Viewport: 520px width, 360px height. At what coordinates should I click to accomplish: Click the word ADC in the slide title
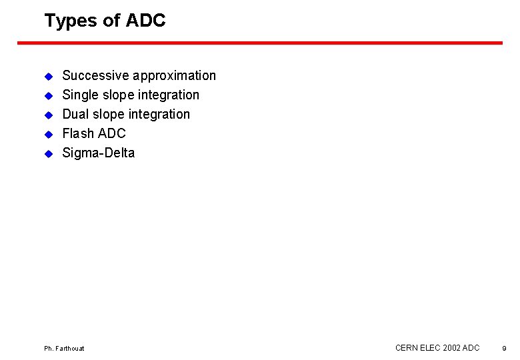(x=145, y=21)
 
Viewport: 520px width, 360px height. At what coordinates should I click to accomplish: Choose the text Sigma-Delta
(x=98, y=153)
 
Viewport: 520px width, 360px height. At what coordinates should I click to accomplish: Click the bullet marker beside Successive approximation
(x=48, y=76)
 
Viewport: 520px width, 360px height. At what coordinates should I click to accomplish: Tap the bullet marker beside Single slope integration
(x=48, y=95)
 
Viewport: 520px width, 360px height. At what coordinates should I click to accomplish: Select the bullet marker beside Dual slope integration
(x=48, y=115)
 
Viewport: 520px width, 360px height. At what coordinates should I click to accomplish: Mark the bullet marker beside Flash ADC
(x=48, y=134)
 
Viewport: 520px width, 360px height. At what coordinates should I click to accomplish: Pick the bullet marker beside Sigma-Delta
(x=48, y=153)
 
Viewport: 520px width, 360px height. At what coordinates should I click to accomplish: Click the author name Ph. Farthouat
(x=64, y=349)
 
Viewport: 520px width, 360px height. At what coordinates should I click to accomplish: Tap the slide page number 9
(x=504, y=349)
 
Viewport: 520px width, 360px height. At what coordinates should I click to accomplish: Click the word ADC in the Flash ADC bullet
(x=111, y=133)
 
